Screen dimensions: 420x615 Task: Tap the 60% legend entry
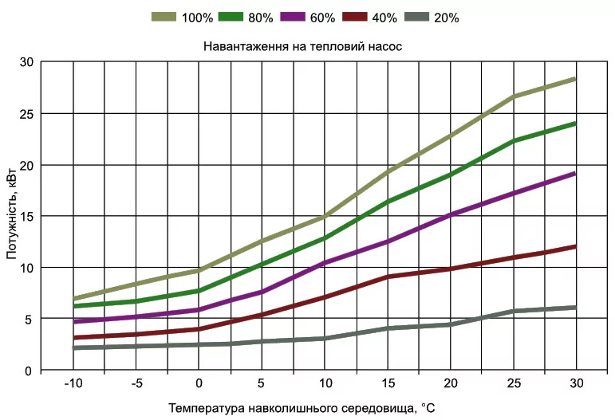[315, 16]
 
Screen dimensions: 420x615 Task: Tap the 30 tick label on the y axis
[26, 62]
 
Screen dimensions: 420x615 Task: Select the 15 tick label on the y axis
[26, 216]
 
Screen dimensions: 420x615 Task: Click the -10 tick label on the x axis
[73, 383]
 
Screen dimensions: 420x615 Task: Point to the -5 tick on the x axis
[136, 383]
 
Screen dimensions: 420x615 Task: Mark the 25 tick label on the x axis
[513, 383]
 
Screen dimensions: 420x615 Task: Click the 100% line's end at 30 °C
[574, 79]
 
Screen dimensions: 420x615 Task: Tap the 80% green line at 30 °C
[574, 124]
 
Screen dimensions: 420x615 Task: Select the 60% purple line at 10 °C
[324, 263]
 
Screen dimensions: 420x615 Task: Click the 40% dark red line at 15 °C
[387, 277]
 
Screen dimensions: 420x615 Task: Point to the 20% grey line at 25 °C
[513, 311]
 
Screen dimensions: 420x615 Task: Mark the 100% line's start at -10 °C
[74, 299]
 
